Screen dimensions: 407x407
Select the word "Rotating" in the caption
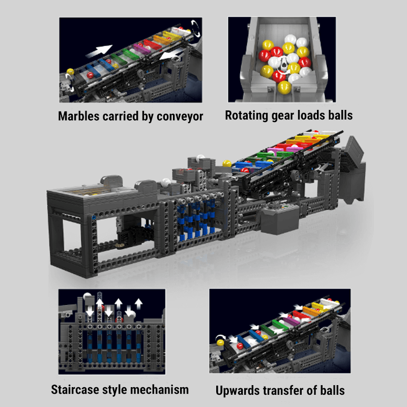[x=248, y=115]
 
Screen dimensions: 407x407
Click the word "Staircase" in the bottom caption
[x=77, y=390]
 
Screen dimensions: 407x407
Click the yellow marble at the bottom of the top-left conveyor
[x=70, y=73]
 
